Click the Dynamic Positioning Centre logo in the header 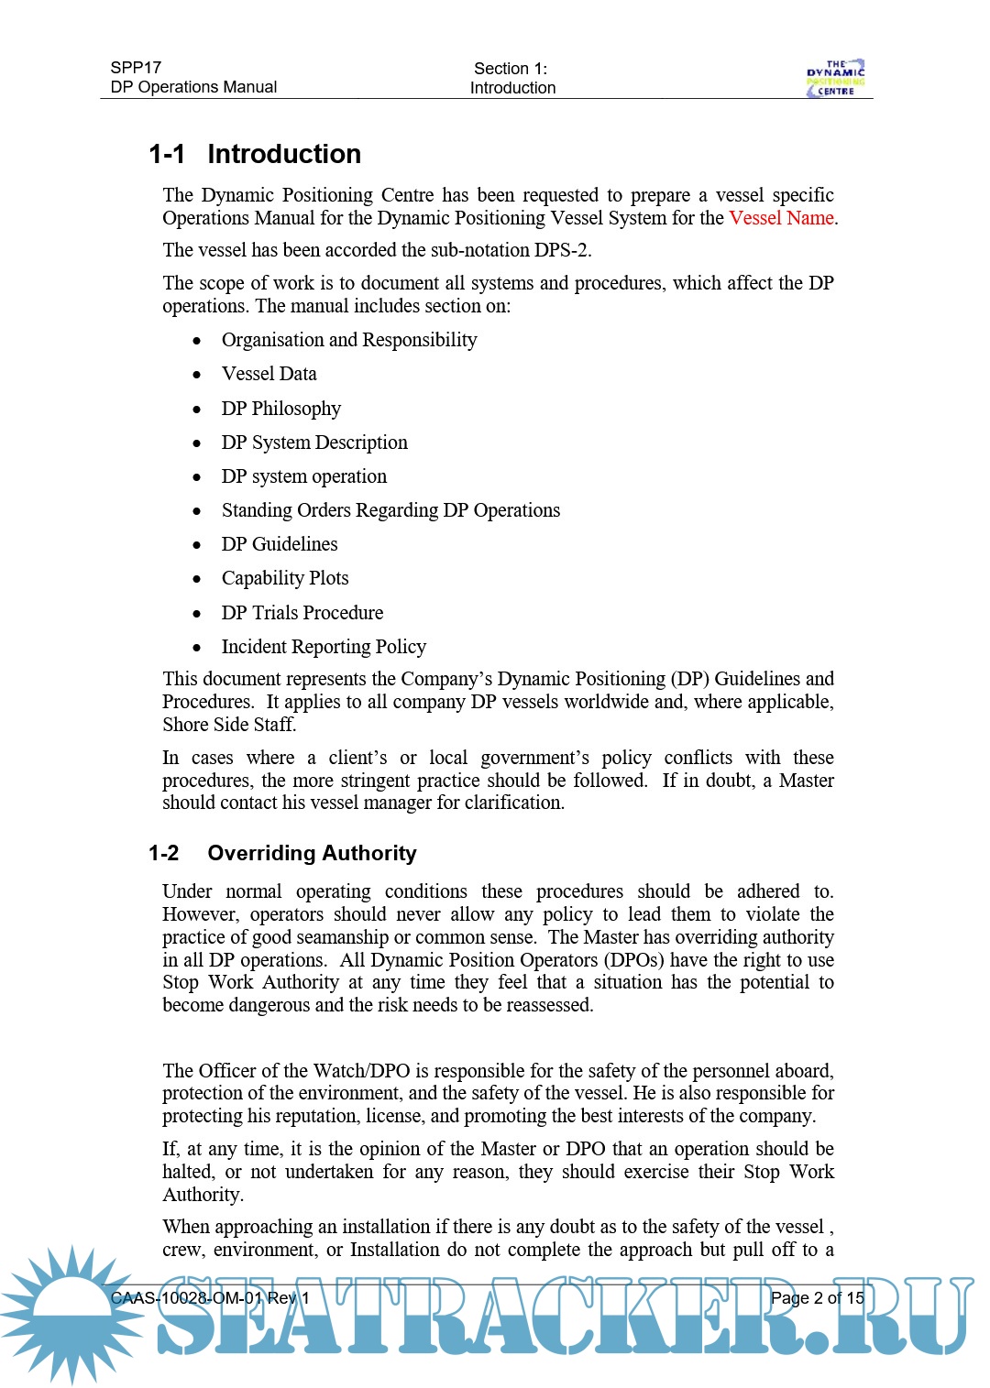835,78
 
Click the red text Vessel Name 781,218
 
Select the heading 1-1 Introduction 255,154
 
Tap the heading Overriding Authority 312,853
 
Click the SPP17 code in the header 136,68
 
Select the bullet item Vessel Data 269,374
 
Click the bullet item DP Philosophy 280,409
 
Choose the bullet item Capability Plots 284,578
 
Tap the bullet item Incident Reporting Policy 324,647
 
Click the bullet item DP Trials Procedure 302,613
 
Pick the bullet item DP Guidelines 279,544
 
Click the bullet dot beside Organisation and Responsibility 196,341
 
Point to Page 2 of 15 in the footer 817,1298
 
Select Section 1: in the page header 511,69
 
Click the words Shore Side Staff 228,725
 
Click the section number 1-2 163,854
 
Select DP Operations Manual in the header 193,87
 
